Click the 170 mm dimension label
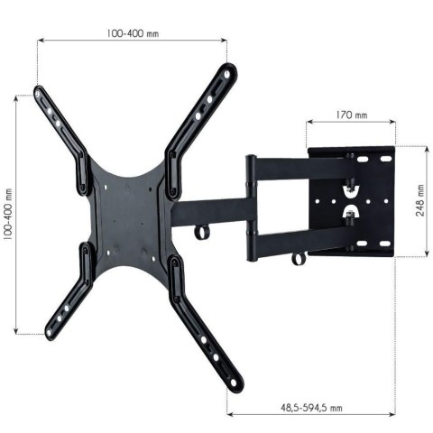click(x=352, y=115)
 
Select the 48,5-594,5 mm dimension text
click(x=312, y=407)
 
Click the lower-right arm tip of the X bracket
click(x=236, y=384)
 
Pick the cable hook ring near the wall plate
click(x=297, y=259)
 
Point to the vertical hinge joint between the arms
click(x=252, y=207)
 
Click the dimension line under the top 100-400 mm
click(x=132, y=40)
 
